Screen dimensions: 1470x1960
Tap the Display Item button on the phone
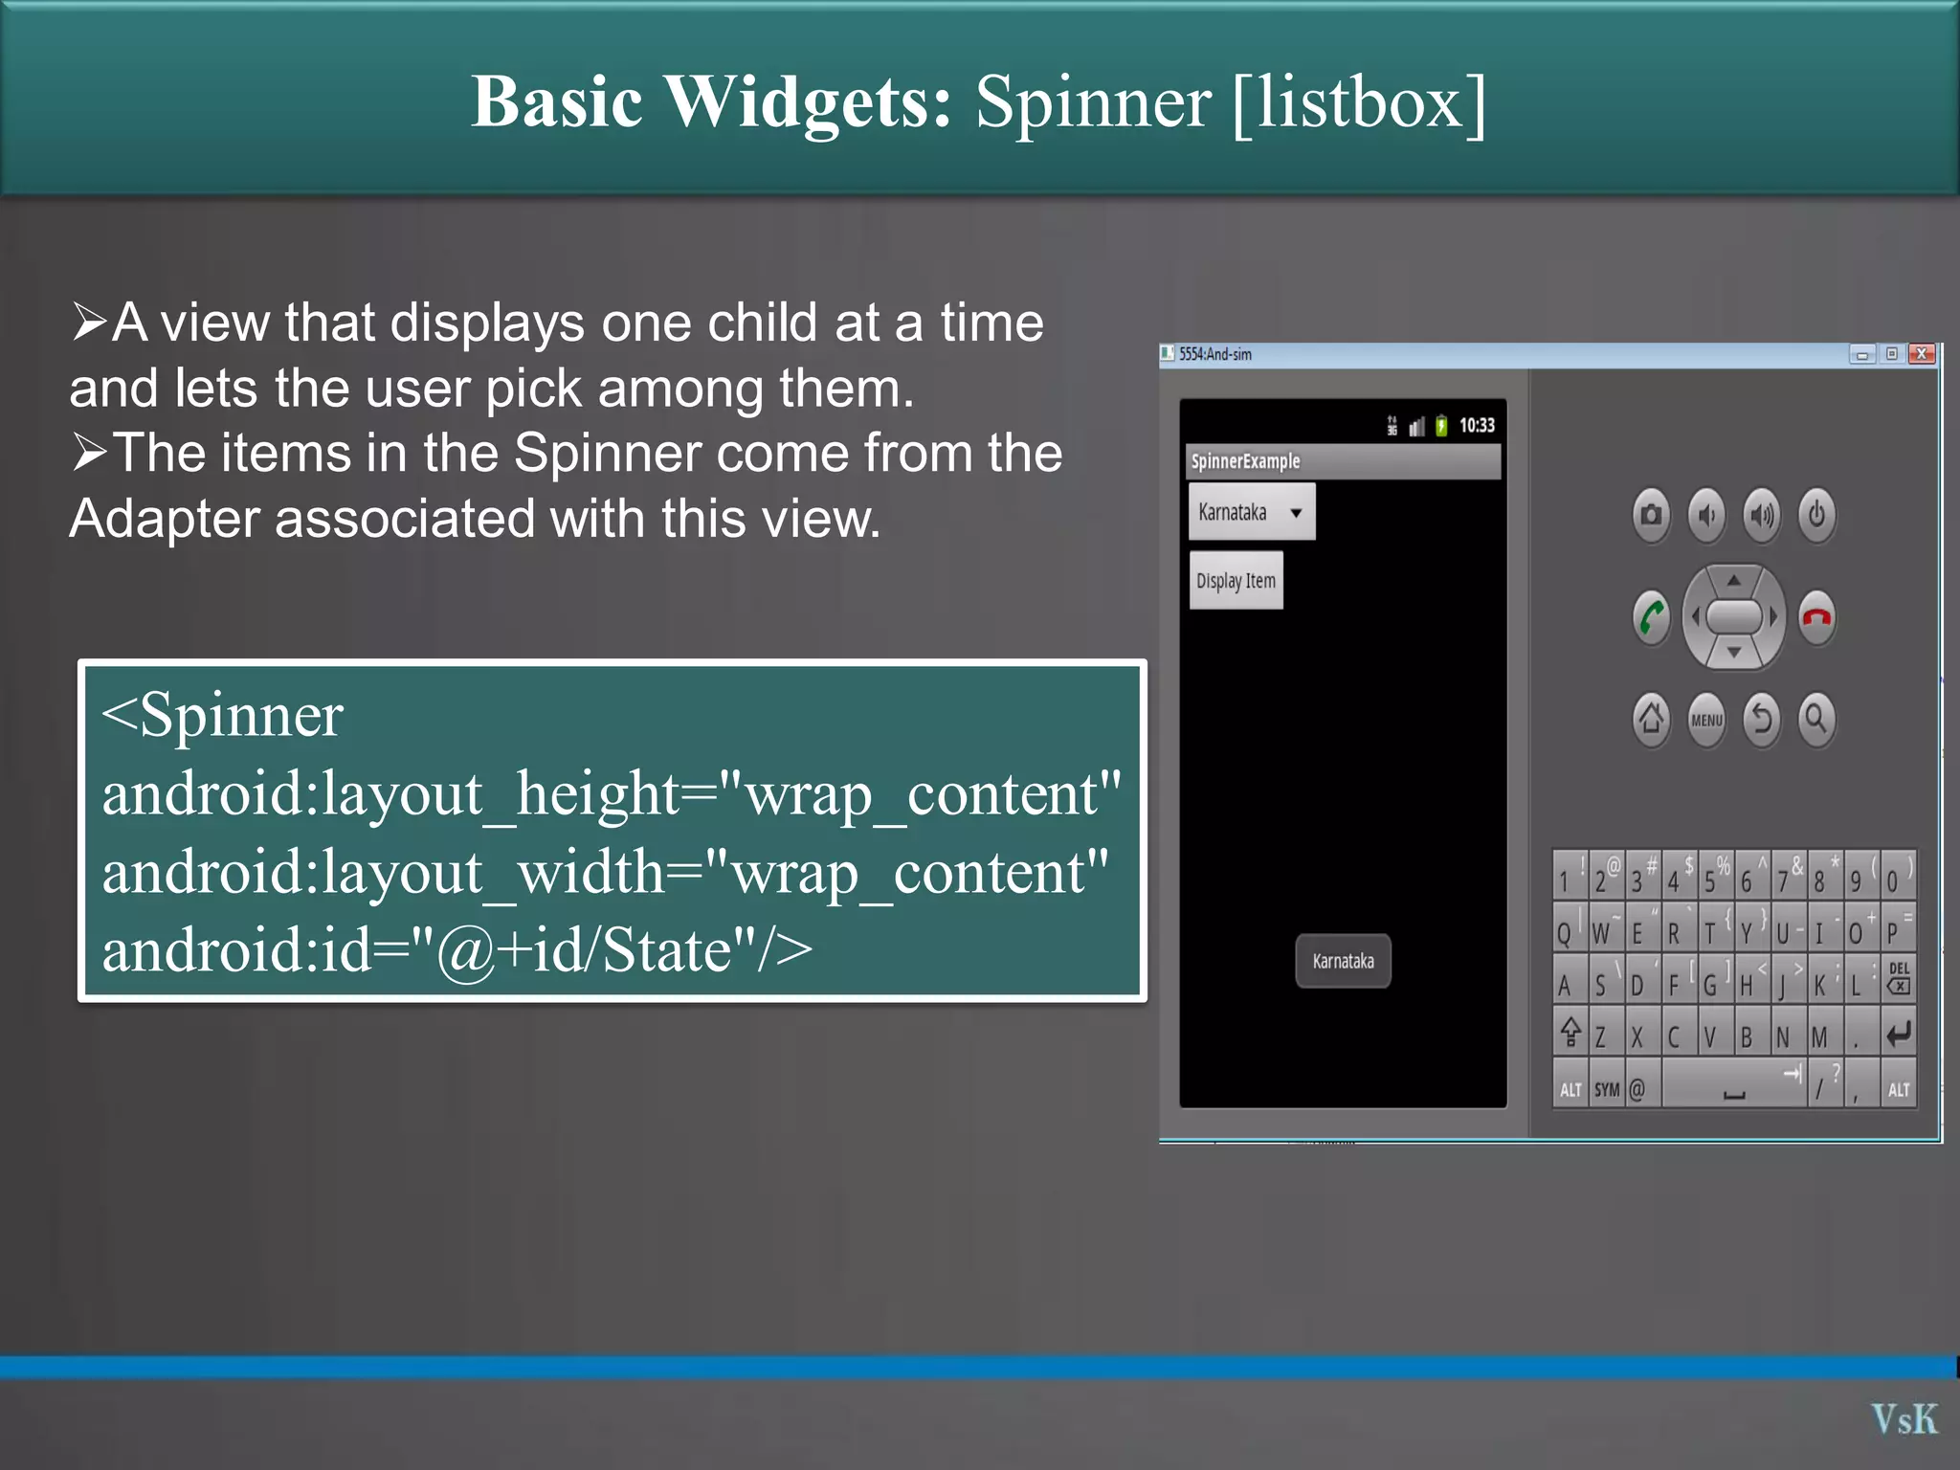(x=1236, y=581)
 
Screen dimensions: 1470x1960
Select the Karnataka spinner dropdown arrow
(x=1296, y=513)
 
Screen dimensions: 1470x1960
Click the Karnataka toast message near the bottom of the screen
(x=1343, y=961)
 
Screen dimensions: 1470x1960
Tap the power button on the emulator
(x=1815, y=516)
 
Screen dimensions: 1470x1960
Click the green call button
(x=1651, y=617)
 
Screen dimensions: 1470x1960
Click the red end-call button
(x=1815, y=617)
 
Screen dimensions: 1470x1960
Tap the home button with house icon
(x=1651, y=718)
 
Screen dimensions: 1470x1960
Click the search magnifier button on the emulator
(x=1815, y=718)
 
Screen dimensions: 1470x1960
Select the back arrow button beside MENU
(x=1761, y=718)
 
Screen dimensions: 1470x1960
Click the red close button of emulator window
(x=1921, y=354)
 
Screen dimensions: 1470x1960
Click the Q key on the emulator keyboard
(x=1564, y=933)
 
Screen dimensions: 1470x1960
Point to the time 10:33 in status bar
(x=1477, y=426)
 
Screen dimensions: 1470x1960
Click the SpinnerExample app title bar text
(x=1245, y=461)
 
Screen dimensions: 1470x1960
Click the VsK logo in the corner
(x=1904, y=1419)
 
